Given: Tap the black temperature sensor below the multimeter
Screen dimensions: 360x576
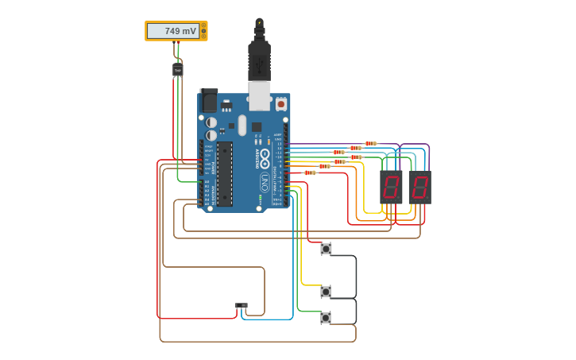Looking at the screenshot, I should tap(177, 70).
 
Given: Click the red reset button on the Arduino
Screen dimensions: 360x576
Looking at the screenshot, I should tap(280, 104).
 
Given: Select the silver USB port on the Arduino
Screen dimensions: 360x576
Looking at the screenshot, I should tap(259, 96).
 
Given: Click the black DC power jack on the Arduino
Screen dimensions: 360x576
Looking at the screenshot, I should tap(208, 101).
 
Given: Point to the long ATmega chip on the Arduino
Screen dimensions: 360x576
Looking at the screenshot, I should tap(225, 173).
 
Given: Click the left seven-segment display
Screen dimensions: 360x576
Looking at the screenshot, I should tap(391, 188).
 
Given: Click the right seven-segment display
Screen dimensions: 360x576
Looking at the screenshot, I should tap(419, 188).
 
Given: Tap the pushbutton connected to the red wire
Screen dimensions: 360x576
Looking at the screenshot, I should tap(326, 249).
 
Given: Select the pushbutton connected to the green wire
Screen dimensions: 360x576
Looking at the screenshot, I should tap(326, 318).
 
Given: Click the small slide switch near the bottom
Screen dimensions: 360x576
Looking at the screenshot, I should tap(241, 305).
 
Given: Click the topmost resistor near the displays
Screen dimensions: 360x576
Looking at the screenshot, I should tap(370, 144).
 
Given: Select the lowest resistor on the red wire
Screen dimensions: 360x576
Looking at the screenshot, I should tap(310, 172).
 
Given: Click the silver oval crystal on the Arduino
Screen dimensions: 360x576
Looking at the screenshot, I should tap(242, 126).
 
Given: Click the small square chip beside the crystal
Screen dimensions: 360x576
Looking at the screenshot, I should tap(257, 126).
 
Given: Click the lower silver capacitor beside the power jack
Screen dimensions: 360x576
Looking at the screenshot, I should tap(211, 135).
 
